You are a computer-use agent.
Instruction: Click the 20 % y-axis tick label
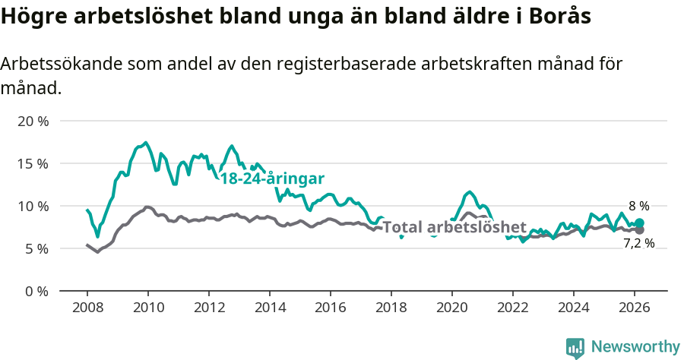coord(33,121)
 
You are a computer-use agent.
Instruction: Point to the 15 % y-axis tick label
coord(33,163)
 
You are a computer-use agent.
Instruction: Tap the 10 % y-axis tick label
coord(33,206)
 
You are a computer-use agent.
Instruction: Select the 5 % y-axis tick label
coord(37,248)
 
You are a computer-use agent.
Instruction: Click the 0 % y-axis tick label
coord(37,291)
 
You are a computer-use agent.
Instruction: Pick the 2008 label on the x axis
coord(87,308)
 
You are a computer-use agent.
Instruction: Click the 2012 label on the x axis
coord(209,308)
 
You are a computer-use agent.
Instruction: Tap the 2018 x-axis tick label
coord(391,308)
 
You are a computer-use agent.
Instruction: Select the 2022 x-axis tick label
coord(513,308)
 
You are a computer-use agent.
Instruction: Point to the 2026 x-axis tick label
coord(635,308)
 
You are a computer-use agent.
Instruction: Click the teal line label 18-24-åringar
coord(272,178)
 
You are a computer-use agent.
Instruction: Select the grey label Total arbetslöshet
coord(454,227)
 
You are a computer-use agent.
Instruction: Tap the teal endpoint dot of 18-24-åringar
coord(639,223)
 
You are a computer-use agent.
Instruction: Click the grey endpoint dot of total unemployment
coord(639,230)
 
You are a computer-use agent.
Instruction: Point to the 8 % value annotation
coord(638,206)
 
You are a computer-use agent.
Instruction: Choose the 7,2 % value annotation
coord(638,244)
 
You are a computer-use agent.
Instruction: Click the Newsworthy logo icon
coord(575,347)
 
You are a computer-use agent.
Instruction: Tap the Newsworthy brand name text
coord(635,347)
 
